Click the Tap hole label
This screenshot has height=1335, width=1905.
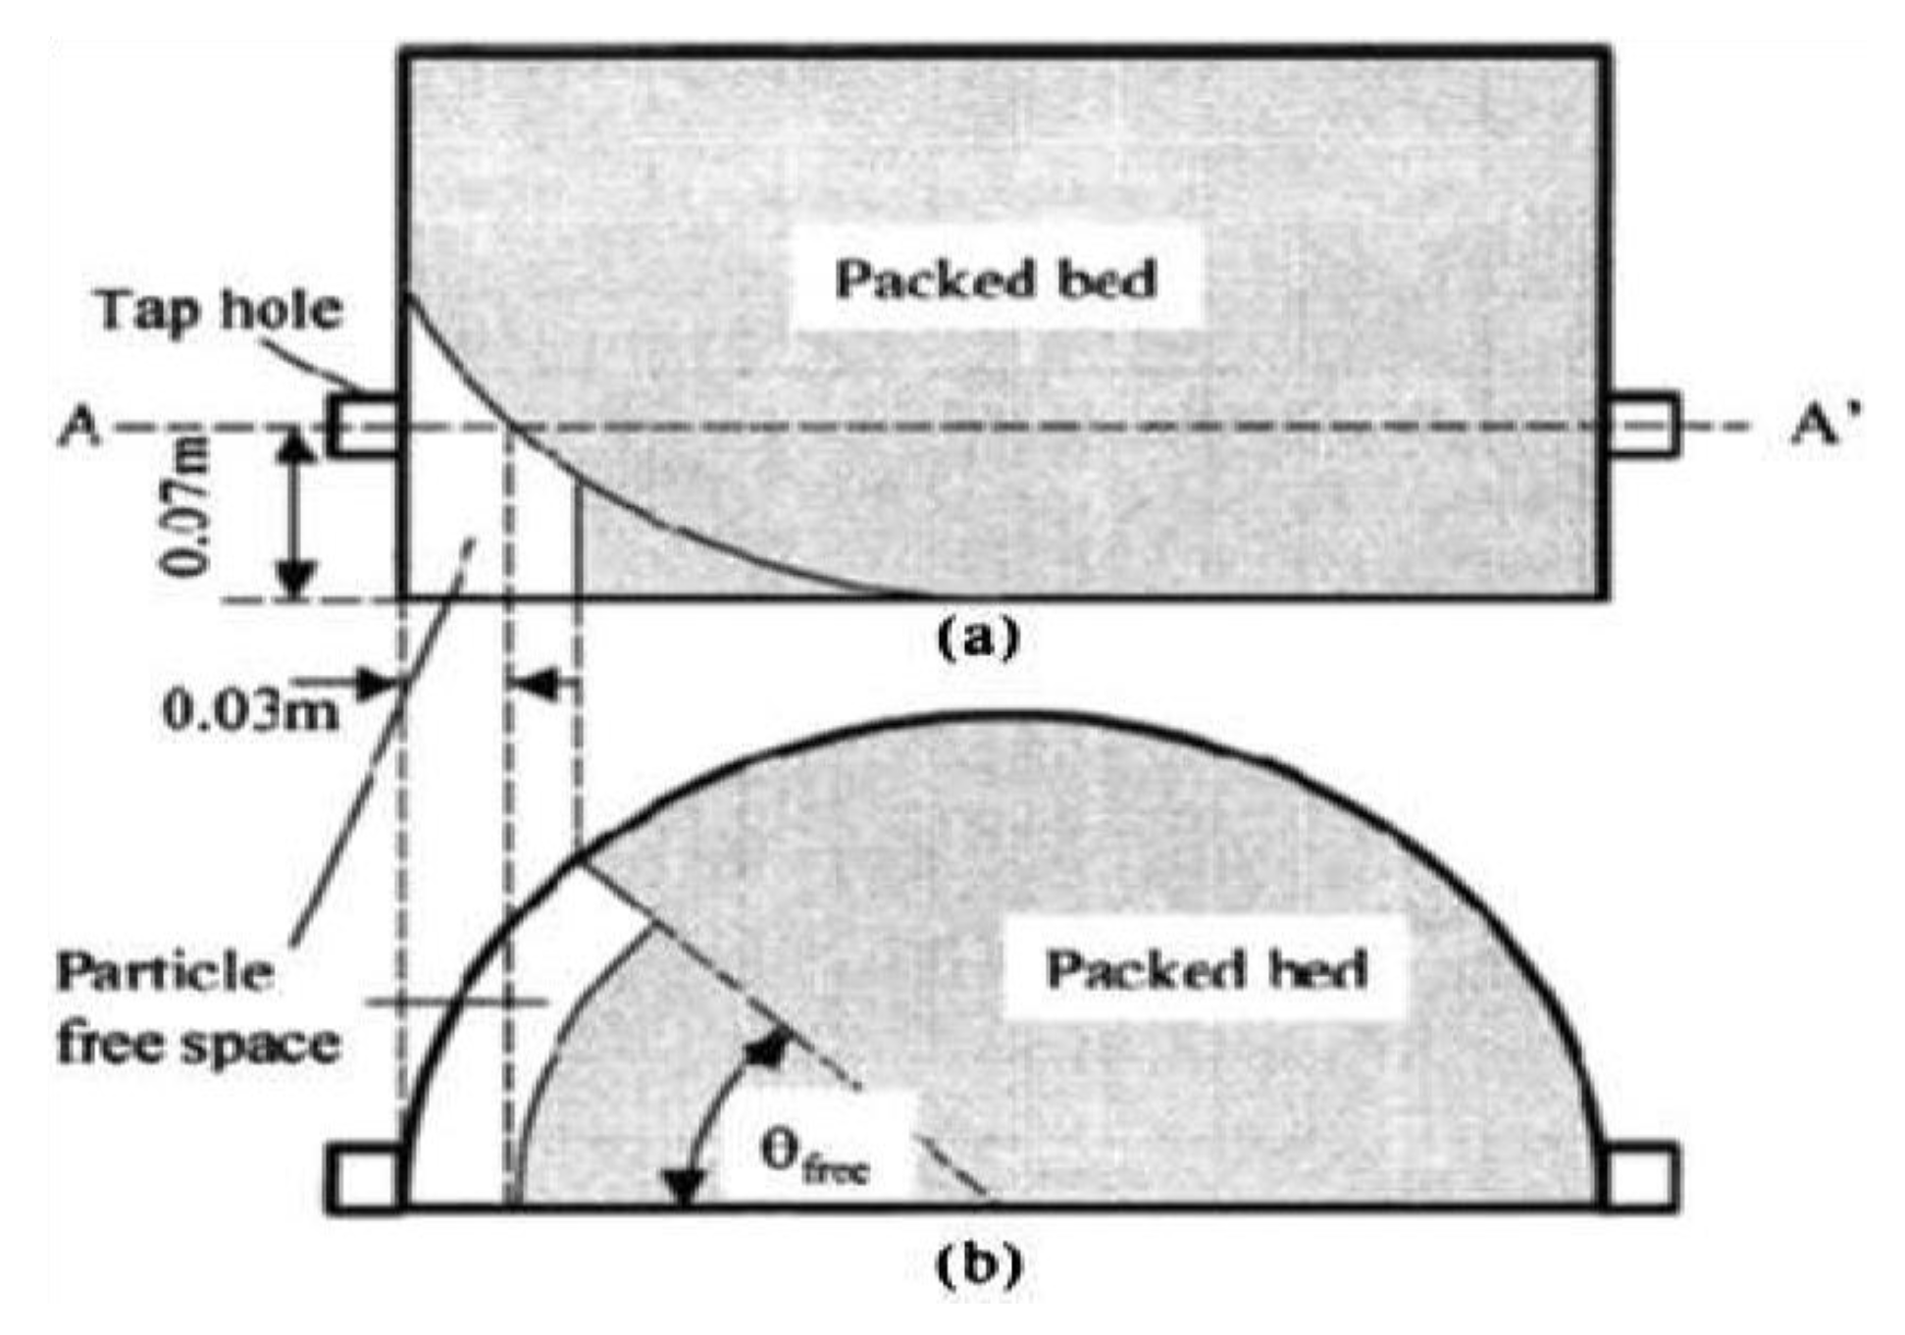tap(219, 312)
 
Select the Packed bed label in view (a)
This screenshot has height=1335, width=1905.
tap(996, 280)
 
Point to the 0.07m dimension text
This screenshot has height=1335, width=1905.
tap(185, 506)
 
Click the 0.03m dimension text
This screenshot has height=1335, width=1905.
tap(250, 711)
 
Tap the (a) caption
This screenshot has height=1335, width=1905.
tap(978, 639)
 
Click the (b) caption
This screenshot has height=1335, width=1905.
tap(978, 1265)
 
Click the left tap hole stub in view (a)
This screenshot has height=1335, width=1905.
tap(364, 425)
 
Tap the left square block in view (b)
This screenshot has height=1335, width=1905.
tap(364, 1178)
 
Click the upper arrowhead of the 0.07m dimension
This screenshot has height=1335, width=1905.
tap(295, 446)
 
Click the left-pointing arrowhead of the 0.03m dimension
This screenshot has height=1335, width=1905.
tap(533, 684)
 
